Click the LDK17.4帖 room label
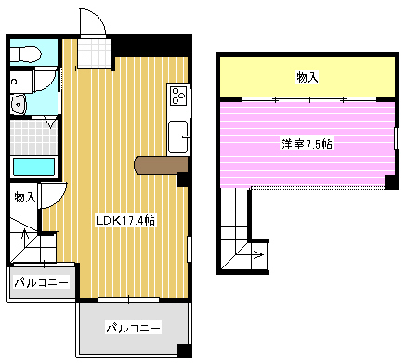point(125,221)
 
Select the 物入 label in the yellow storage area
point(308,77)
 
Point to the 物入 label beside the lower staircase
point(24,196)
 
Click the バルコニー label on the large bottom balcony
point(133,328)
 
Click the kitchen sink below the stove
point(177,140)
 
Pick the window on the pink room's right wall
point(396,137)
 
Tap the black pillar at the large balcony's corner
point(184,350)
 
